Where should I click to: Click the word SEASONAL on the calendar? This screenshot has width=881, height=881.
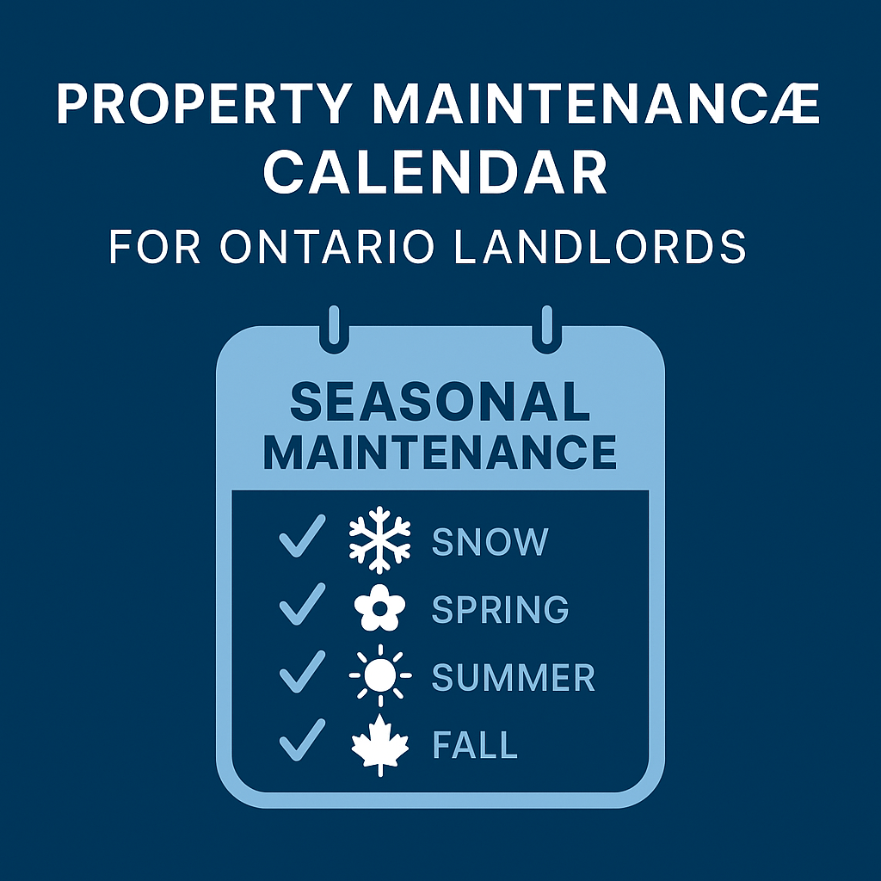pyautogui.click(x=440, y=402)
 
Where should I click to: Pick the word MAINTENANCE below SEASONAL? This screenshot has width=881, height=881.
pyautogui.click(x=440, y=452)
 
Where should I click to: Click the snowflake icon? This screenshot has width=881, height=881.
pyautogui.click(x=379, y=541)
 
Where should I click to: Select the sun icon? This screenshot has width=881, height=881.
pyautogui.click(x=379, y=677)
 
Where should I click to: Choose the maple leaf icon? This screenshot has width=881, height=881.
pyautogui.click(x=379, y=745)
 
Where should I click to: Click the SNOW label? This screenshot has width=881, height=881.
pyautogui.click(x=490, y=542)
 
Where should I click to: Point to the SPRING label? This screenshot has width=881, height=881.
pyautogui.click(x=500, y=610)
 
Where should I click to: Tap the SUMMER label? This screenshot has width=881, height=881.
pyautogui.click(x=513, y=678)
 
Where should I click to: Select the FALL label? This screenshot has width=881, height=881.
pyautogui.click(x=474, y=745)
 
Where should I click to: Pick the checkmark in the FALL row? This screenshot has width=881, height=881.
pyautogui.click(x=301, y=741)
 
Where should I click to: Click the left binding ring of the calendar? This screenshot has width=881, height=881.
pyautogui.click(x=334, y=330)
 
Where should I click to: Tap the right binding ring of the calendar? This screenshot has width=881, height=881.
pyautogui.click(x=545, y=330)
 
